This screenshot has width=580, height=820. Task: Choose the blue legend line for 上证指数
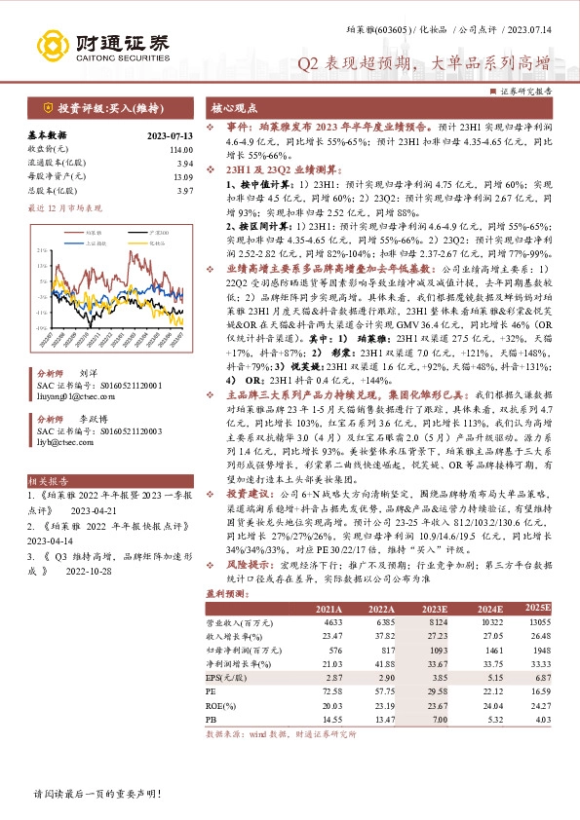pyautogui.click(x=73, y=242)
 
